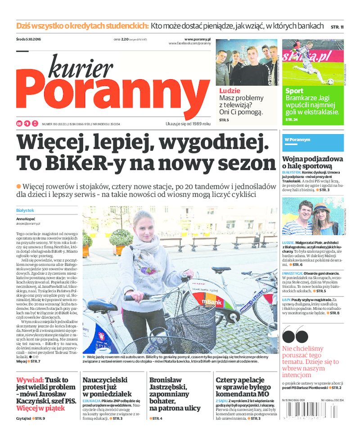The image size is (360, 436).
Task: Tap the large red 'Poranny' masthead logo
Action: coord(112,95)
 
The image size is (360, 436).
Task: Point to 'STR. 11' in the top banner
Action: coord(337,27)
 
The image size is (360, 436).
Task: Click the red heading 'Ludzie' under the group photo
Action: coord(229,91)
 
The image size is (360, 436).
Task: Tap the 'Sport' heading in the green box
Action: coord(294,91)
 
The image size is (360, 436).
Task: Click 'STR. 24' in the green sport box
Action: coord(292,120)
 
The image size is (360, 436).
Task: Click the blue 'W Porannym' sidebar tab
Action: coord(297,140)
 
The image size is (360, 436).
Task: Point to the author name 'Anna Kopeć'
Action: coord(27,219)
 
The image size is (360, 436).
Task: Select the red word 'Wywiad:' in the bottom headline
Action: coord(29,380)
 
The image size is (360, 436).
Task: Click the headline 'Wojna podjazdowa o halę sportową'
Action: coord(312,163)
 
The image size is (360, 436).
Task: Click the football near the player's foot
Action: coord(330,82)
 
